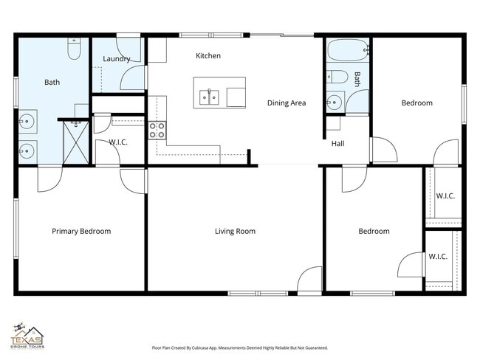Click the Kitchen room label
click(208, 56)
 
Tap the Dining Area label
click(287, 103)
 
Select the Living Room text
click(235, 232)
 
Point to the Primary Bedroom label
click(81, 232)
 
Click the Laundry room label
click(117, 59)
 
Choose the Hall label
click(337, 144)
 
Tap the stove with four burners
click(157, 131)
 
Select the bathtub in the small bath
click(347, 52)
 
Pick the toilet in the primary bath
click(74, 49)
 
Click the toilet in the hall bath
click(335, 76)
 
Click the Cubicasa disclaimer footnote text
click(239, 347)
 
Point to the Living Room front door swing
click(309, 280)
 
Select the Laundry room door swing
click(134, 78)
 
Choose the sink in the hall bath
click(335, 101)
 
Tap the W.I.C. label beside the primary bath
click(119, 142)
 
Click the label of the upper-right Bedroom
click(416, 103)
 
